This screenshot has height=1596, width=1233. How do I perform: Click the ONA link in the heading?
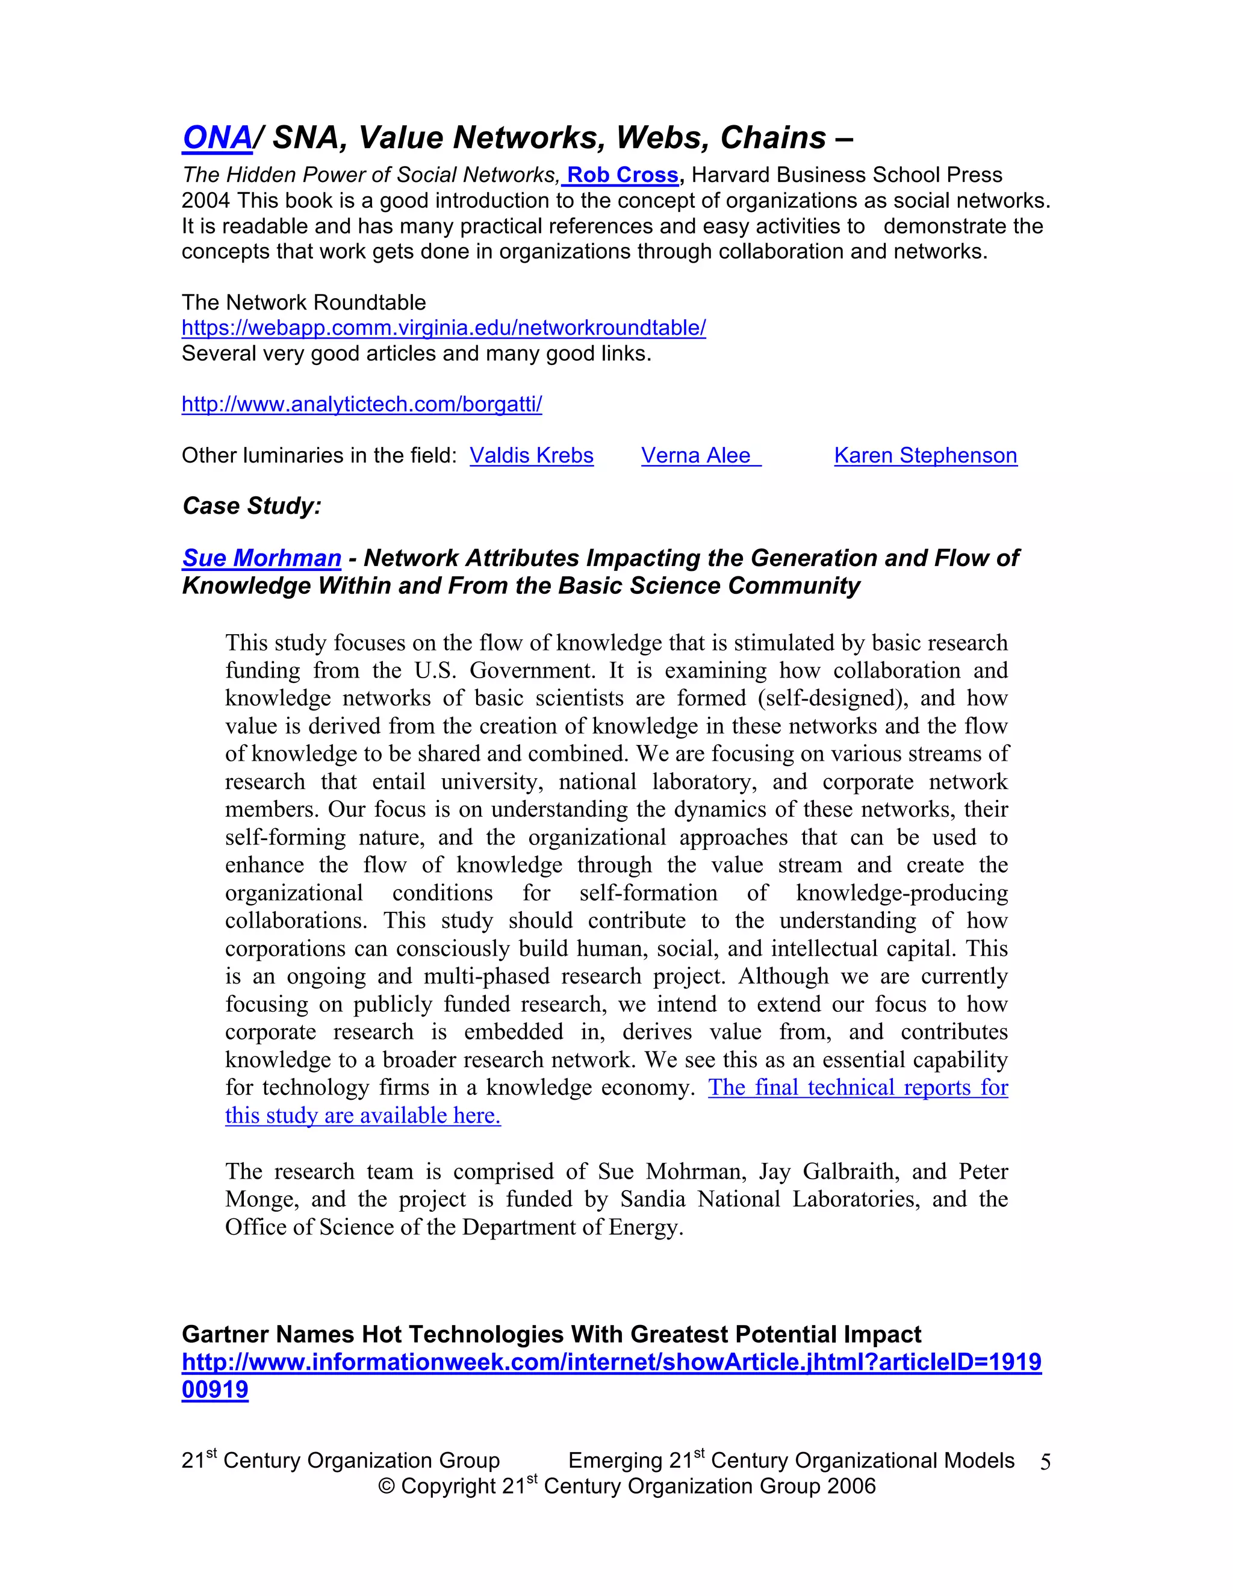217,137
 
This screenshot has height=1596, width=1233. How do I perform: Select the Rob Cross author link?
623,175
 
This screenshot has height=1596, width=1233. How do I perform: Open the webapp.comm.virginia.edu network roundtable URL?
443,328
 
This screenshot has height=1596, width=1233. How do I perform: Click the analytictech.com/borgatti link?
362,404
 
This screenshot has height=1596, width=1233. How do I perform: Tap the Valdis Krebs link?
531,455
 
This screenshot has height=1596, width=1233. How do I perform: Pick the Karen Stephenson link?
925,455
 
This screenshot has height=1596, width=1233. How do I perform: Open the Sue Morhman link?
261,558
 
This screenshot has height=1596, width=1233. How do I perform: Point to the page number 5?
1045,1462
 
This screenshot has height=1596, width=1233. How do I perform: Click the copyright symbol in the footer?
386,1486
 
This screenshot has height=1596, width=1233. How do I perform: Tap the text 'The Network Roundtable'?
303,302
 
